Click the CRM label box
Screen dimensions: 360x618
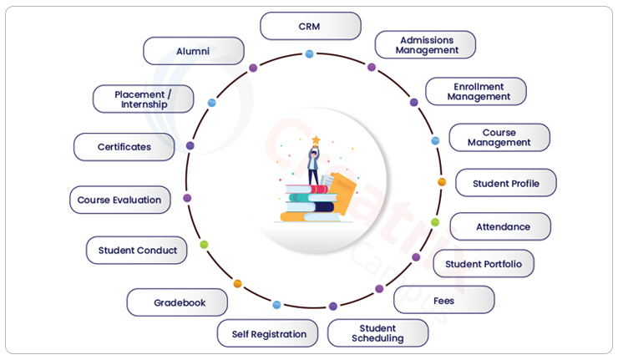coord(310,26)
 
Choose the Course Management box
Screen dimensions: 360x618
coord(499,138)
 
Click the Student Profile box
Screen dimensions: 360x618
coord(505,183)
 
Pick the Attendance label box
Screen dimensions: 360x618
coord(501,226)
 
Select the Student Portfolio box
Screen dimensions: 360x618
coord(484,264)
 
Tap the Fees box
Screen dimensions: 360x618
coord(443,300)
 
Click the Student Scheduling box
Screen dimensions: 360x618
coord(377,333)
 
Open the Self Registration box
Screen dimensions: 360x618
coord(268,333)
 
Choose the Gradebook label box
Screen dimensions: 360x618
coord(178,302)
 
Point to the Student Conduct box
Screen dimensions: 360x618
coord(137,250)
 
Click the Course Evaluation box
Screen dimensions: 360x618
coord(119,200)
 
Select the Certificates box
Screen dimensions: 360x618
coord(124,147)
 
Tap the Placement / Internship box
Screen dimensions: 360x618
coord(143,99)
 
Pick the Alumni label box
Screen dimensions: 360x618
coord(193,51)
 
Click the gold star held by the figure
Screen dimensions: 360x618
coord(316,140)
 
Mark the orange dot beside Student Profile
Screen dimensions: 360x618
coord(442,182)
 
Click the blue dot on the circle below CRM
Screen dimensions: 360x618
coord(309,54)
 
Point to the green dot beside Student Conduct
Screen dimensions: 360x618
coord(204,245)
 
